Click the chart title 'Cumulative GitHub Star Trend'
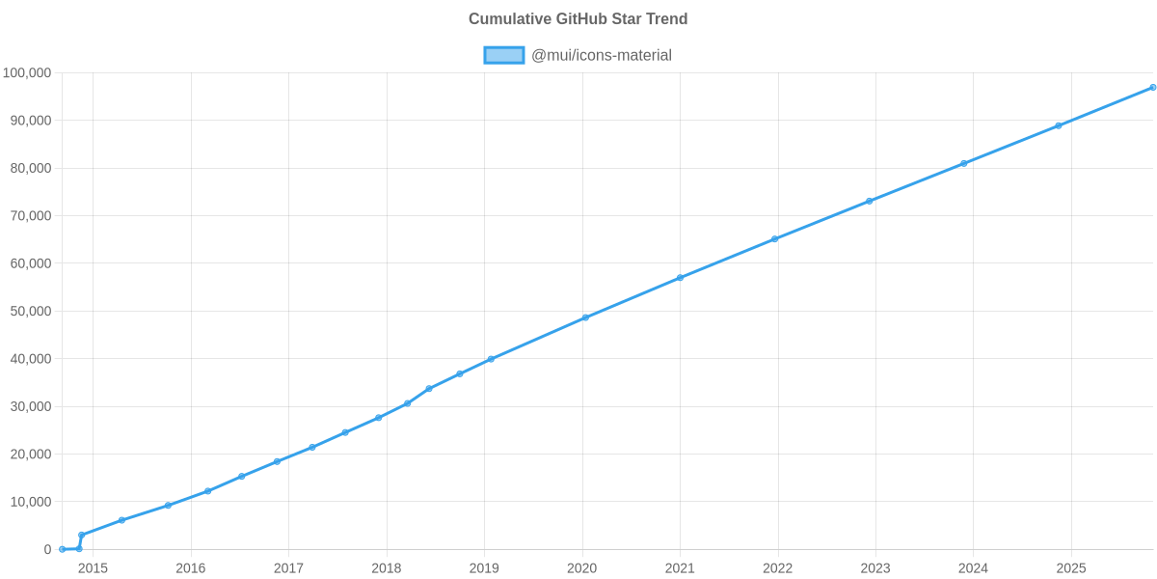578,19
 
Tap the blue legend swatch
503,55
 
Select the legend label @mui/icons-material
601,55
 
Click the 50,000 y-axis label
30,312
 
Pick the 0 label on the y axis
47,549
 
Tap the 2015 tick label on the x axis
93,568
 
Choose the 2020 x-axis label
581,568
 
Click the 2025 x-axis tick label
1071,568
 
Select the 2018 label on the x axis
386,568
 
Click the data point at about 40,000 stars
491,359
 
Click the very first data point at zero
62,549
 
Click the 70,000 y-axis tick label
30,216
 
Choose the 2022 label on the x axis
777,568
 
